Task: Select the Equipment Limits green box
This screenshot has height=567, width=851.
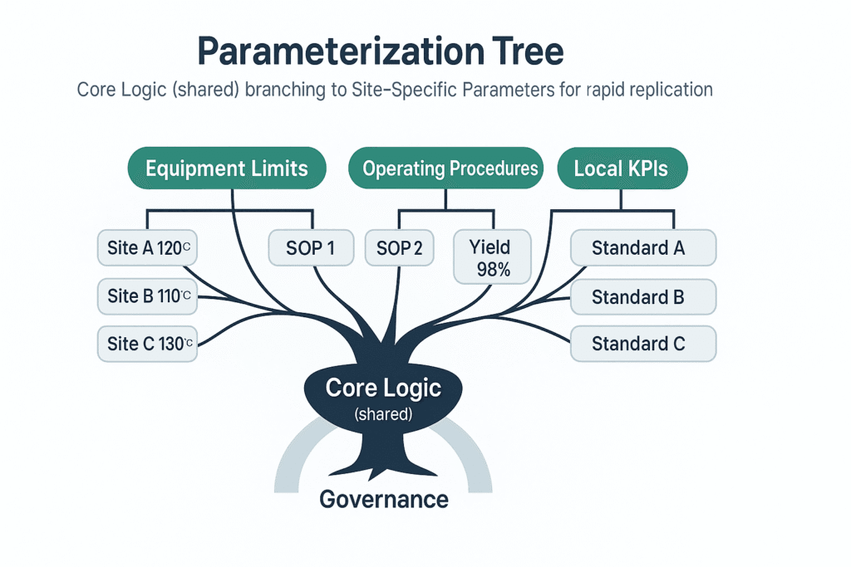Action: click(227, 169)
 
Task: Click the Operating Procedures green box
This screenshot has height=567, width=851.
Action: click(450, 169)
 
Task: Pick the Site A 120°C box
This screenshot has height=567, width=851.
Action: click(147, 247)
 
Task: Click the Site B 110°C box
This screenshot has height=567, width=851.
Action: click(147, 296)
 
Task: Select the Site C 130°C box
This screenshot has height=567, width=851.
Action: click(147, 344)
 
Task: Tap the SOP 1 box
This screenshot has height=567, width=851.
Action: click(312, 247)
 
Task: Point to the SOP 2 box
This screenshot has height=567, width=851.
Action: click(400, 247)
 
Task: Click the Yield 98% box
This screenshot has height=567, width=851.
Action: click(489, 257)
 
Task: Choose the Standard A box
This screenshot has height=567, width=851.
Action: click(642, 247)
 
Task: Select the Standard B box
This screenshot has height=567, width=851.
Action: click(642, 296)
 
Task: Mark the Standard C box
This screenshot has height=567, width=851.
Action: click(642, 343)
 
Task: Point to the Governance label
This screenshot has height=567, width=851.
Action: click(384, 499)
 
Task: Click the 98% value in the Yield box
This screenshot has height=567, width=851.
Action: click(489, 269)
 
